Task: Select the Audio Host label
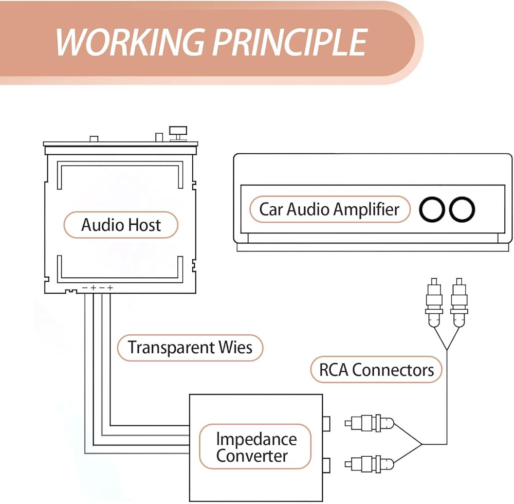[x=121, y=225]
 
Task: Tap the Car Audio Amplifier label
[x=329, y=209]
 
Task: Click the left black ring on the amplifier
[x=432, y=210]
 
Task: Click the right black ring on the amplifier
[x=462, y=210]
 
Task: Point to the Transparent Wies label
[x=190, y=347]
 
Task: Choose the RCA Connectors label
[x=376, y=370]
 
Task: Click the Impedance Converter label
[x=255, y=447]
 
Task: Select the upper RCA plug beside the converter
[x=369, y=425]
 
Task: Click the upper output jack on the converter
[x=326, y=423]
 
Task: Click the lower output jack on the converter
[x=326, y=465]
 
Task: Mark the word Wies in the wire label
[x=234, y=347]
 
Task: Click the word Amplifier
[x=366, y=209]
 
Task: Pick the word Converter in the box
[x=252, y=456]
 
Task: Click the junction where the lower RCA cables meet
[x=422, y=444]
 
